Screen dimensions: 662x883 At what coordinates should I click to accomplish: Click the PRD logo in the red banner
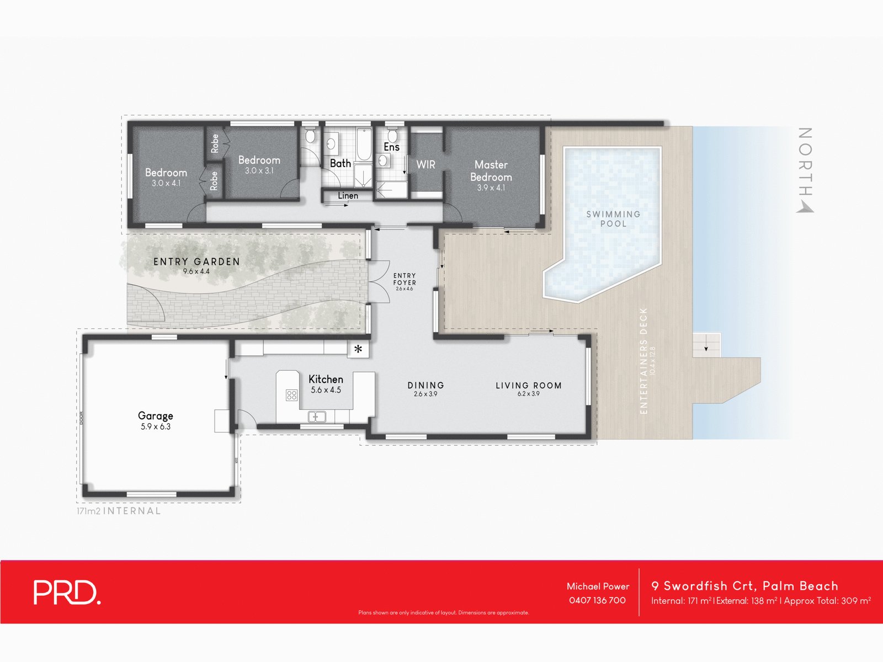click(x=67, y=592)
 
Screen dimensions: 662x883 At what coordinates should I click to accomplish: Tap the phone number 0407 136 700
click(x=597, y=600)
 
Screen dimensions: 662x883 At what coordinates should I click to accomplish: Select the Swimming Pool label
click(x=613, y=218)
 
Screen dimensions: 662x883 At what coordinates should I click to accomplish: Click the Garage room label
click(x=156, y=416)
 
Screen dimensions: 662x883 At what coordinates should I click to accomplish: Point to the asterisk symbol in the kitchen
click(x=358, y=349)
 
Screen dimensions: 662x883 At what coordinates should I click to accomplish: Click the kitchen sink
click(x=317, y=417)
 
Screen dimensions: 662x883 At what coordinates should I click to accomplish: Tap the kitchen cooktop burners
click(x=291, y=395)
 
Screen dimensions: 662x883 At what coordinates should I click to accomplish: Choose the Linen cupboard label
click(x=348, y=196)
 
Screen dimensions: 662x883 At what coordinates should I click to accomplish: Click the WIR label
click(x=425, y=164)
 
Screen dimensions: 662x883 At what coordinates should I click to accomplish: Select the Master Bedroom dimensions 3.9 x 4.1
click(x=491, y=188)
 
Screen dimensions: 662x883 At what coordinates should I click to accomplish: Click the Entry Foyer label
click(x=405, y=279)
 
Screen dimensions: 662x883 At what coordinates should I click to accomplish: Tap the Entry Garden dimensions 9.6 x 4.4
click(x=196, y=271)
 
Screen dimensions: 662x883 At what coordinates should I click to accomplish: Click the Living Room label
click(x=528, y=386)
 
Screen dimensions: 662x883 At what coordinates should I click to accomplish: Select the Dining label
click(x=425, y=386)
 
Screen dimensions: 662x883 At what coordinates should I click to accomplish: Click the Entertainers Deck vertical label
click(x=643, y=361)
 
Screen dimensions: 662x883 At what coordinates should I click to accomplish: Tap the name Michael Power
click(x=598, y=586)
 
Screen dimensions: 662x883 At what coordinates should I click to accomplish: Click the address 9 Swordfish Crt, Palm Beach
click(x=744, y=586)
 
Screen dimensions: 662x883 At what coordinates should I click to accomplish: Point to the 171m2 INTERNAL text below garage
click(x=119, y=511)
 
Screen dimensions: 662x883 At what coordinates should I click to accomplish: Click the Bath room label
click(x=340, y=163)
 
